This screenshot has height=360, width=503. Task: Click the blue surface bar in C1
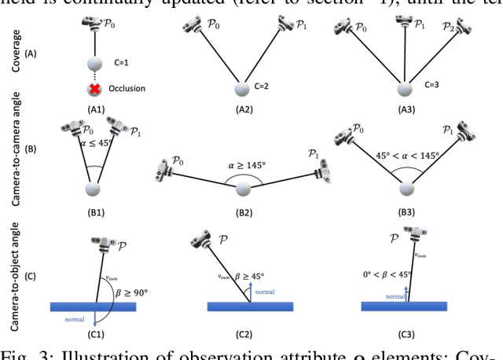pyautogui.click(x=92, y=307)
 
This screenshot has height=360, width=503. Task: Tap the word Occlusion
pyautogui.click(x=127, y=89)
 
